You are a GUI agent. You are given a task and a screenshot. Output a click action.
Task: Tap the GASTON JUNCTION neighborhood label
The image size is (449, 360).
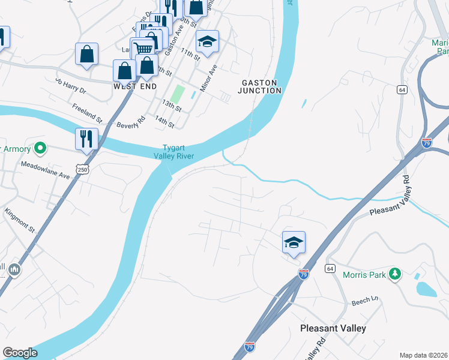(x=260, y=86)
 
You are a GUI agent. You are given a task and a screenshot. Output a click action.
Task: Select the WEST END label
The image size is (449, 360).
(x=135, y=86)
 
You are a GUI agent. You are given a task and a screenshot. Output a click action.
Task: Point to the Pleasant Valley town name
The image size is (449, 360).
(x=333, y=328)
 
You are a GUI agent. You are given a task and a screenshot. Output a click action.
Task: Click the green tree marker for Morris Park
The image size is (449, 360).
(x=394, y=274)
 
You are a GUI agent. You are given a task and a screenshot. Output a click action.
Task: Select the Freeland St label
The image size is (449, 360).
(x=88, y=112)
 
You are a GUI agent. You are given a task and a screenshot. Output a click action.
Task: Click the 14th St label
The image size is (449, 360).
(x=164, y=122)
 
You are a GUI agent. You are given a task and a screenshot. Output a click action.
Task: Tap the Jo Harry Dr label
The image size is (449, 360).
(x=71, y=86)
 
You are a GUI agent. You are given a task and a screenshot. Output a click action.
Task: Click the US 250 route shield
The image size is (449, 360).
(x=83, y=168)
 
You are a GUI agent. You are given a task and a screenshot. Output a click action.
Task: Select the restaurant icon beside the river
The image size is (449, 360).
(x=86, y=139)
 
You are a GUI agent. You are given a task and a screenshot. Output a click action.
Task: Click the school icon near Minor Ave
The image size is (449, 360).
(x=208, y=41)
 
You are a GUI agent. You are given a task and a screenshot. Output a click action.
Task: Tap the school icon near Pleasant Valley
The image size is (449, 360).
(x=294, y=242)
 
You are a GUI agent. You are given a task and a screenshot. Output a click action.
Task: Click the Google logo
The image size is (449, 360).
(x=20, y=353)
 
